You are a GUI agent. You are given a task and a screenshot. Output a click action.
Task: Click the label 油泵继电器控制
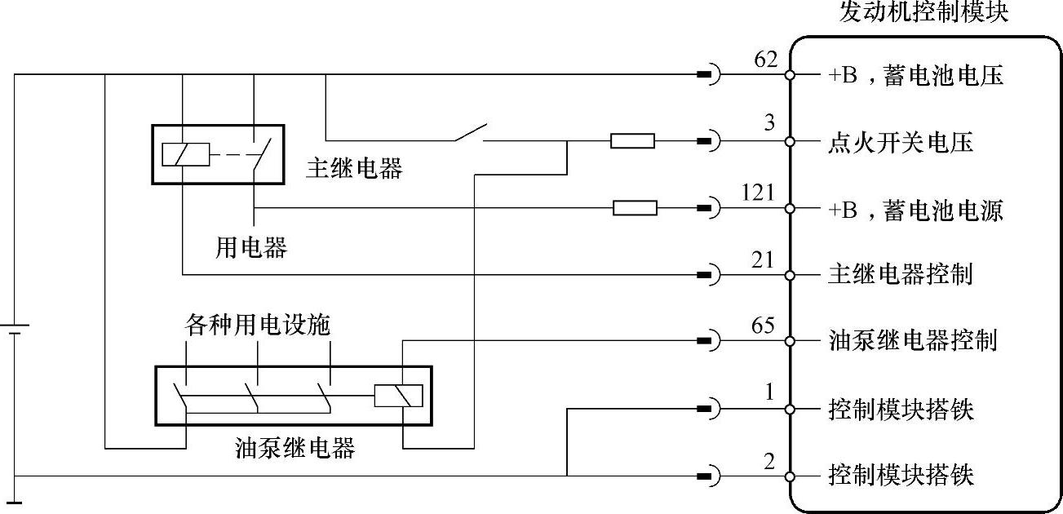pos(912,340)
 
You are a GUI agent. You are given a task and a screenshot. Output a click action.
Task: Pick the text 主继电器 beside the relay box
pos(354,168)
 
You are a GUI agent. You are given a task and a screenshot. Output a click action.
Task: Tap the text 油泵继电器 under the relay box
pos(295,447)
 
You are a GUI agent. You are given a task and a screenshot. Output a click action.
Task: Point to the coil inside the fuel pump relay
pos(398,395)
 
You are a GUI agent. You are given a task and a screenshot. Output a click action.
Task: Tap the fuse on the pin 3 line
pos(632,142)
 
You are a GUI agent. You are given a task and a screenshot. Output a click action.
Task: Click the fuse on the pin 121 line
pos(635,209)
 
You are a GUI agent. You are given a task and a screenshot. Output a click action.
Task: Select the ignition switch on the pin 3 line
pos(468,134)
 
